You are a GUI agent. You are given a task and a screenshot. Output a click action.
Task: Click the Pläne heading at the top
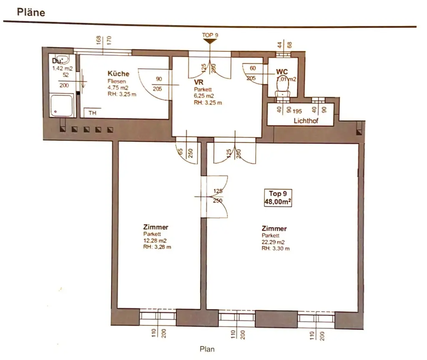point(31,12)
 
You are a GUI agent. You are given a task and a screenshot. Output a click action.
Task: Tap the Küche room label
point(115,73)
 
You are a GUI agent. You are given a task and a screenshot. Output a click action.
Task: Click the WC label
point(282,72)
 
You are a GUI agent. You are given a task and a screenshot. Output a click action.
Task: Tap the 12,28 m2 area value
point(155,241)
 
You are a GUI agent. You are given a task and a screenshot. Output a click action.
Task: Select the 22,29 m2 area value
point(273,242)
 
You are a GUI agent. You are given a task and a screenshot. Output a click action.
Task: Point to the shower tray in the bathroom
point(62,106)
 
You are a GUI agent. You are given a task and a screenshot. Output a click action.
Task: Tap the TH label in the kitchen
point(92,113)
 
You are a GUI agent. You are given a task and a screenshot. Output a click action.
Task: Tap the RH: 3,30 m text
point(275,248)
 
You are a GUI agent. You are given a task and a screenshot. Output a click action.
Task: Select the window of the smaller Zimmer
point(157,317)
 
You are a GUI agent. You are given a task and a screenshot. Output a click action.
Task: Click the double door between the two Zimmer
point(214,196)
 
